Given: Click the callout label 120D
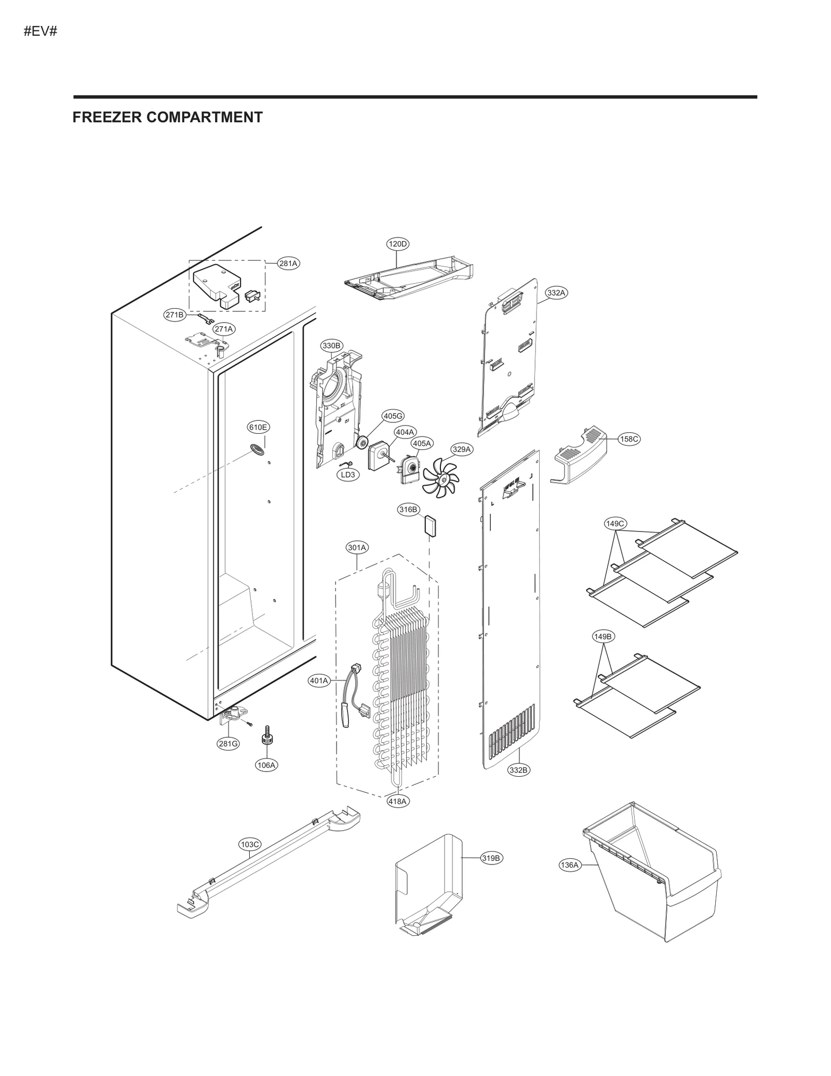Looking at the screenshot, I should pos(397,244).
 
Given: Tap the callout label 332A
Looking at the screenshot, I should pos(556,293).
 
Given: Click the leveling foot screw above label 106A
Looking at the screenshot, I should pos(267,737).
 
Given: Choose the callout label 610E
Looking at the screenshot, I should pos(258,428).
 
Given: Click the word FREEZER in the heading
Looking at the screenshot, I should pos(107,117).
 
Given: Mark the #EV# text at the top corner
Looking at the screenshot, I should pos(40,31).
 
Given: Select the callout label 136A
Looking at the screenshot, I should pos(569,865).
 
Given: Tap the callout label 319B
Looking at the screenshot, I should pos(490,858).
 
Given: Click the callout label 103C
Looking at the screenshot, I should pos(250,845).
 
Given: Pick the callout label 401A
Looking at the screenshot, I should pos(319,681).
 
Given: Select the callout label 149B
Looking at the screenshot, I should pos(603,636).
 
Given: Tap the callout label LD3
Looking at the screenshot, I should pos(348,474).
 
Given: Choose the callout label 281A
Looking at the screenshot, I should pos(288,263).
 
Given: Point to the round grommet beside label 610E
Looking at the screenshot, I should pos(257,448).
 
